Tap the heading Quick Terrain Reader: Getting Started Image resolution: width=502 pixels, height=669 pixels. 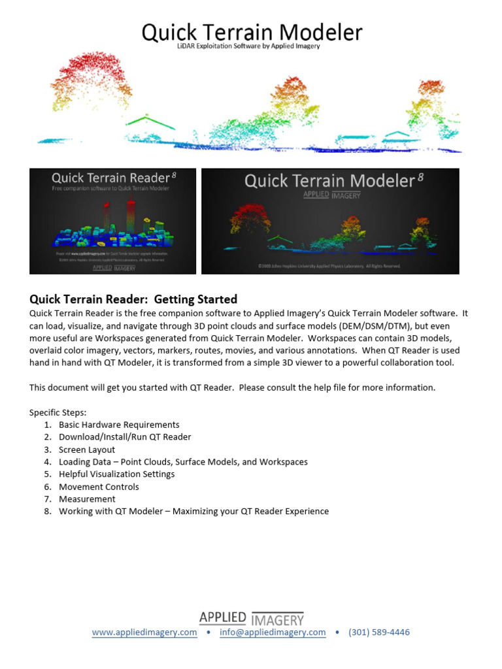(x=133, y=299)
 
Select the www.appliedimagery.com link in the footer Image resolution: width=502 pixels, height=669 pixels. (x=144, y=632)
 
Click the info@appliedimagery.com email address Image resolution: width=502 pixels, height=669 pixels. (x=273, y=632)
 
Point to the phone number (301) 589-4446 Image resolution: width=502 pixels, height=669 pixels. (x=379, y=632)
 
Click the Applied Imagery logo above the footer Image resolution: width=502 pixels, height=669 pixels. (x=252, y=618)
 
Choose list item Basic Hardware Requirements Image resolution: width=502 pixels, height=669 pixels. (x=119, y=425)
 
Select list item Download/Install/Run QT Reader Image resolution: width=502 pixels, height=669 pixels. (x=125, y=437)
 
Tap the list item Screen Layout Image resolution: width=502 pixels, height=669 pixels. (x=87, y=449)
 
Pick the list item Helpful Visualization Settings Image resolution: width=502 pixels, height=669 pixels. (x=116, y=474)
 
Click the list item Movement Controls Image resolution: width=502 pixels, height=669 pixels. (x=99, y=487)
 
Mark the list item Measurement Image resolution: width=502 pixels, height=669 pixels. (x=87, y=499)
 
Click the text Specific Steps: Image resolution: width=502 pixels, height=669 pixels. (x=58, y=412)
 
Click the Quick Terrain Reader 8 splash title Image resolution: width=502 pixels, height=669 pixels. (x=113, y=178)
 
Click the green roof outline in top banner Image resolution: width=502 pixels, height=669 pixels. (x=151, y=122)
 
